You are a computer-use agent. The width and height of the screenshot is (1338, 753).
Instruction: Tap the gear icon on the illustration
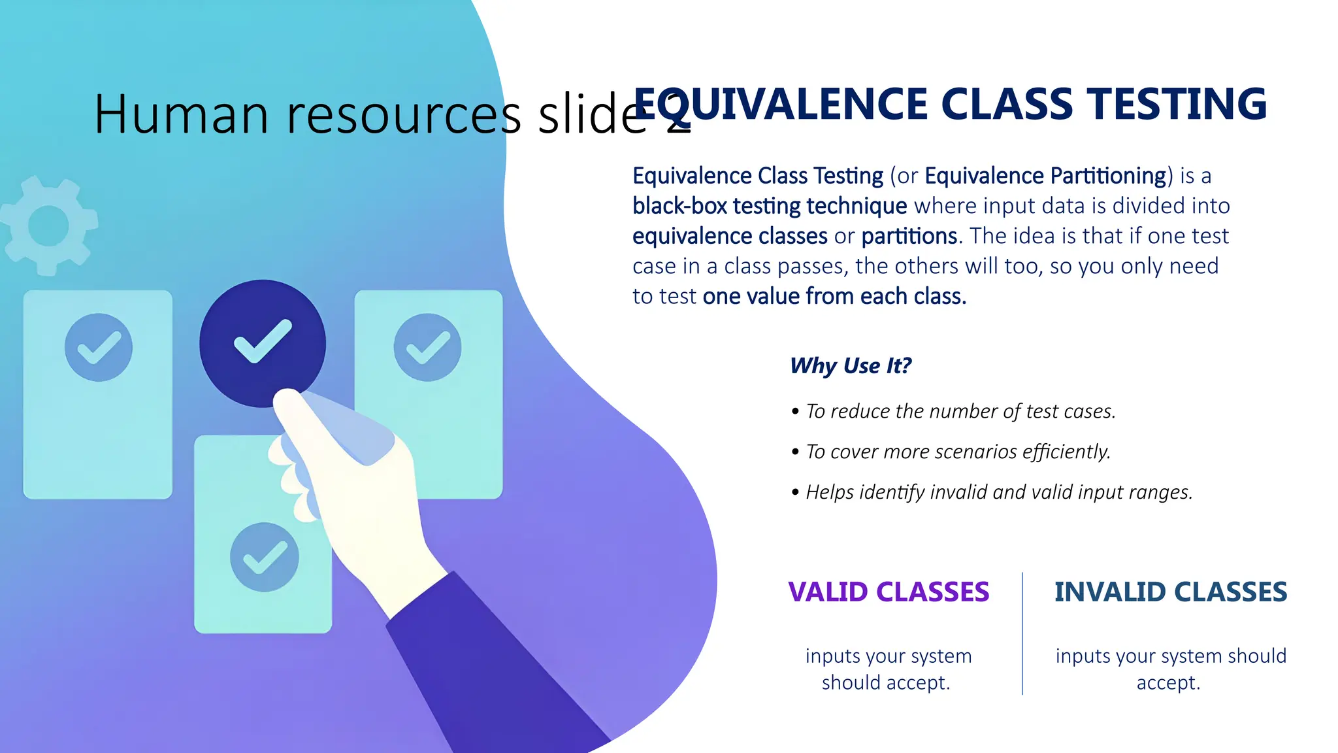pyautogui.click(x=49, y=226)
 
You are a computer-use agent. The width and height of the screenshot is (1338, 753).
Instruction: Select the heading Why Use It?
pyautogui.click(x=850, y=365)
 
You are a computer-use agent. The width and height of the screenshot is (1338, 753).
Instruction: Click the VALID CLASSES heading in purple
pyautogui.click(x=889, y=592)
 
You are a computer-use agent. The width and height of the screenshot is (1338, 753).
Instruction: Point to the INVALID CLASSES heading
pyautogui.click(x=1170, y=592)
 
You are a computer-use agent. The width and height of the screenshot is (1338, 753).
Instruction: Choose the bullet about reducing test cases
pyautogui.click(x=960, y=411)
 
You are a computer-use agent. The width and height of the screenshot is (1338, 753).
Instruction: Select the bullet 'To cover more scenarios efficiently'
pyautogui.click(x=958, y=452)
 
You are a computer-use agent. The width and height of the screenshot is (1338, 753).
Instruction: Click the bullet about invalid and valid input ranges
pyautogui.click(x=999, y=492)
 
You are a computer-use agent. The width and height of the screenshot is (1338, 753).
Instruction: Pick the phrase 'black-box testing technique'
pyautogui.click(x=770, y=206)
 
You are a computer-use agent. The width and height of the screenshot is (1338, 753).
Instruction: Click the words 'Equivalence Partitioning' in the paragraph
pyautogui.click(x=1045, y=176)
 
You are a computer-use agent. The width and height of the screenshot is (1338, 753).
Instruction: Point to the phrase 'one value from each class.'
pyautogui.click(x=834, y=296)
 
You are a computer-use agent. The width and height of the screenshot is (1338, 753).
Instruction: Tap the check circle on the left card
pyautogui.click(x=99, y=347)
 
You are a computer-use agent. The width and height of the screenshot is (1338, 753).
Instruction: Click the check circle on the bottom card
pyautogui.click(x=265, y=557)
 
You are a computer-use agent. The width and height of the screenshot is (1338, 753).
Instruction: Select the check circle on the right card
pyautogui.click(x=428, y=347)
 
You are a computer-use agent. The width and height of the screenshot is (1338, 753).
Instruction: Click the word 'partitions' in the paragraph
pyautogui.click(x=909, y=236)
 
